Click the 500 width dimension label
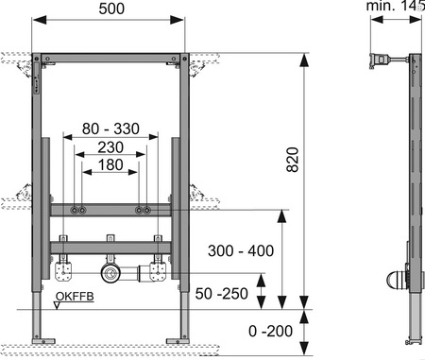[111, 9]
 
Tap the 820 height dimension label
[293, 160]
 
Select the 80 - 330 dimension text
[110, 129]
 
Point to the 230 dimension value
[110, 147]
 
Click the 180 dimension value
[110, 164]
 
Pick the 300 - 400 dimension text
[241, 251]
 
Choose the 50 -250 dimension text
[222, 294]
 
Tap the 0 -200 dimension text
[270, 331]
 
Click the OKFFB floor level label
[75, 297]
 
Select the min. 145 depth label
[396, 6]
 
